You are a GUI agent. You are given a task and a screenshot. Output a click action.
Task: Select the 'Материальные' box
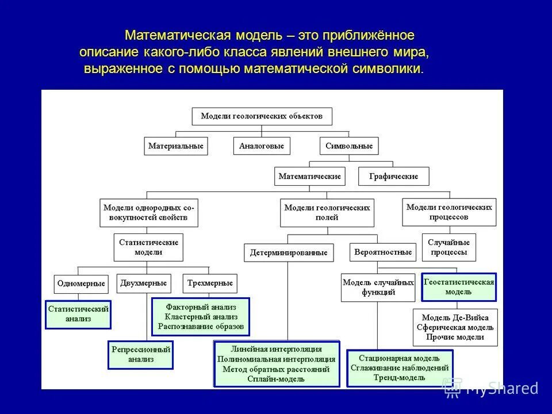[176, 146]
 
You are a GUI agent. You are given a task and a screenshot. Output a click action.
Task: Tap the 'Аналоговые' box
[262, 146]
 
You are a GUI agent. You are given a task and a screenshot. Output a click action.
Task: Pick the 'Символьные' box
[349, 146]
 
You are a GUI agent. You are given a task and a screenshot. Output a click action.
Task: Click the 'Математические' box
[310, 176]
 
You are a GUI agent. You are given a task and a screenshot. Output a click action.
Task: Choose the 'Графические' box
[393, 176]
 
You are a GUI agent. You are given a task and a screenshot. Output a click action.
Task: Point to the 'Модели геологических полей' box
[327, 213]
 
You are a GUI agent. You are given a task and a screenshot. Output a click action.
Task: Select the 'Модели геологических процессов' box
[449, 212]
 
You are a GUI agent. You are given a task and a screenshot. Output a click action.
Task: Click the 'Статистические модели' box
[148, 247]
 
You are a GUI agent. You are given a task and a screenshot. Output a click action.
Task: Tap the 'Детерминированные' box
[289, 252]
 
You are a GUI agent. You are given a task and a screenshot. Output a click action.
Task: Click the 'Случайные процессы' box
[448, 247]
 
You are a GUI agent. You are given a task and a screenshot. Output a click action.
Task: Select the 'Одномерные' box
[81, 283]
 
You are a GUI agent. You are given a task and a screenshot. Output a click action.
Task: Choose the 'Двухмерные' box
[144, 283]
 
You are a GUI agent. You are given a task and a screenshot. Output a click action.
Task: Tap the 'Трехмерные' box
[210, 283]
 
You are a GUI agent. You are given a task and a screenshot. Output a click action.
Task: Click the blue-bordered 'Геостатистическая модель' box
[459, 287]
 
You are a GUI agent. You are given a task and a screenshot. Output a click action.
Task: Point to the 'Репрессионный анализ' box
[141, 355]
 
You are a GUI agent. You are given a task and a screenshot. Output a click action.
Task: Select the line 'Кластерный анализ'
[201, 317]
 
